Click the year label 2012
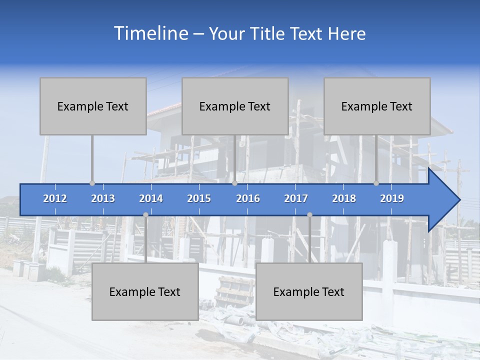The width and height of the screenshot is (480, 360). (55, 198)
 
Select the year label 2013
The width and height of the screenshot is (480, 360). (103, 198)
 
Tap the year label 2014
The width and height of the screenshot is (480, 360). (151, 198)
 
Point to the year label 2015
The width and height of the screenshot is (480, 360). (199, 198)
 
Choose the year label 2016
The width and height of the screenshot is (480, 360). (248, 198)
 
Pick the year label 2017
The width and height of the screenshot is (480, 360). (296, 198)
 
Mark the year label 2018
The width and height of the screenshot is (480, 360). (344, 198)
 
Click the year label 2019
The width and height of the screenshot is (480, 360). (392, 198)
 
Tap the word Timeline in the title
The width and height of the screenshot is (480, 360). (150, 33)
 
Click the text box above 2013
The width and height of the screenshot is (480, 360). (93, 106)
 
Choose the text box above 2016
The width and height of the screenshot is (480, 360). (235, 106)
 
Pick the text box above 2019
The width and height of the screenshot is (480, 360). (377, 106)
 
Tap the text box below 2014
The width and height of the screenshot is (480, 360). (145, 291)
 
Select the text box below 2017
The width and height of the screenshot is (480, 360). (309, 291)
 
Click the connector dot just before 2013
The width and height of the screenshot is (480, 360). (92, 183)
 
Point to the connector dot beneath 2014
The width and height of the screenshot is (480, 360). (145, 215)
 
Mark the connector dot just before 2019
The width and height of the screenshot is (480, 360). (376, 183)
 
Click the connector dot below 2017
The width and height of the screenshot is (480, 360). (309, 215)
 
